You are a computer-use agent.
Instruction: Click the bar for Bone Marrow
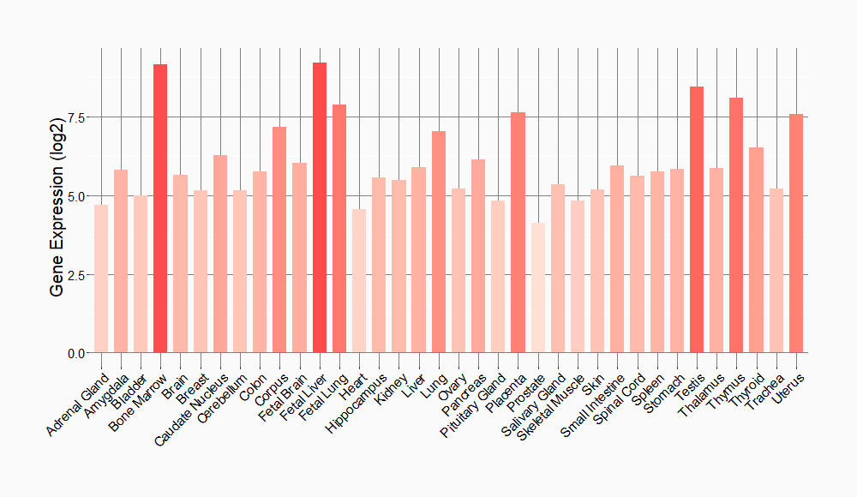(x=160, y=208)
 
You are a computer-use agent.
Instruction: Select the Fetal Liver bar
(x=320, y=207)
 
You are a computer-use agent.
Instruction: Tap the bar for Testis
(x=697, y=219)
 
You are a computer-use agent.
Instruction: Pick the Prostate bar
(x=537, y=288)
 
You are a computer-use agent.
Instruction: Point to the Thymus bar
(x=736, y=225)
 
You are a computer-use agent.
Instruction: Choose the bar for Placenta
(x=518, y=232)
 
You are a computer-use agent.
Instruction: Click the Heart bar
(x=359, y=281)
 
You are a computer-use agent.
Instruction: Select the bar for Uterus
(x=796, y=233)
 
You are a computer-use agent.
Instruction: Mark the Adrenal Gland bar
(x=101, y=278)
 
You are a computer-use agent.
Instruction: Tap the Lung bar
(x=439, y=242)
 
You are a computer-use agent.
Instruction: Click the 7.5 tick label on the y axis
(x=75, y=117)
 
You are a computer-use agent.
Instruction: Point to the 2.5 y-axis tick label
(x=75, y=275)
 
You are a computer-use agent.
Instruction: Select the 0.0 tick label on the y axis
(x=75, y=353)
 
